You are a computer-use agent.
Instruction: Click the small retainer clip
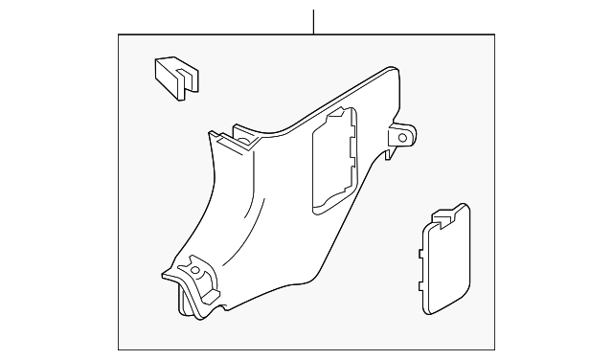(x=173, y=76)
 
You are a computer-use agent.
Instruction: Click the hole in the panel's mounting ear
(x=402, y=138)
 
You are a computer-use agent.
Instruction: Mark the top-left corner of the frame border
(x=118, y=34)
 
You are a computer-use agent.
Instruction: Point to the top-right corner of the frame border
(x=507, y=34)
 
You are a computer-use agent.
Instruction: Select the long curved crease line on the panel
(x=251, y=206)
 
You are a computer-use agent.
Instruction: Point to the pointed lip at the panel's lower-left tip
(x=166, y=276)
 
